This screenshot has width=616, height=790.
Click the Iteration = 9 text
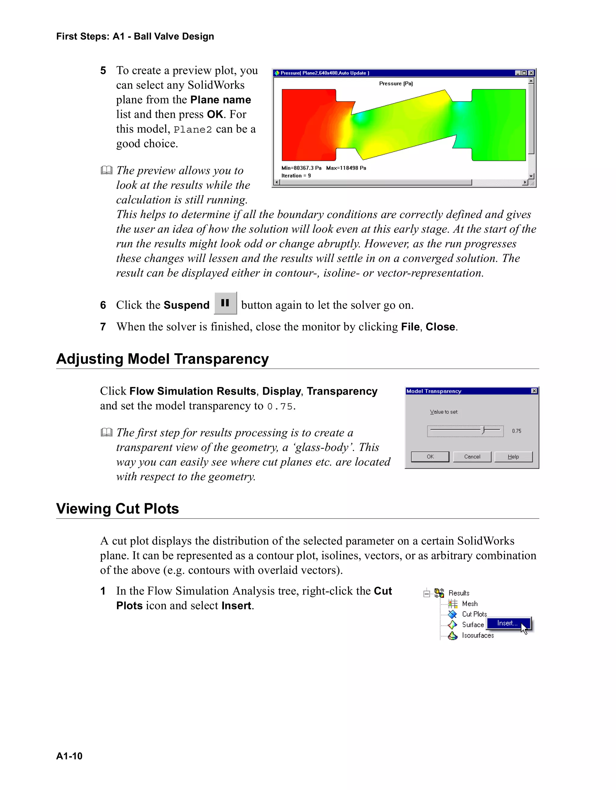(296, 176)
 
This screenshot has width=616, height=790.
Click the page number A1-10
(69, 756)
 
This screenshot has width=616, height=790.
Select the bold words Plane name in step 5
(220, 100)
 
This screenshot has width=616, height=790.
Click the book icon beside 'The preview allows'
(106, 170)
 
